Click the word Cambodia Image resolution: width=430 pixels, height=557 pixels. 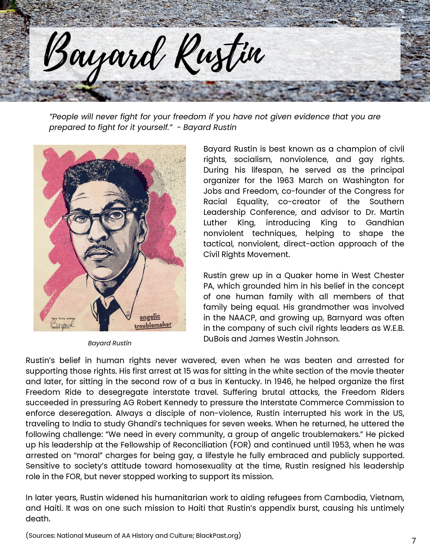pyautogui.click(x=345, y=498)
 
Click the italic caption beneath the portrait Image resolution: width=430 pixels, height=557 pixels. pyautogui.click(x=110, y=343)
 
